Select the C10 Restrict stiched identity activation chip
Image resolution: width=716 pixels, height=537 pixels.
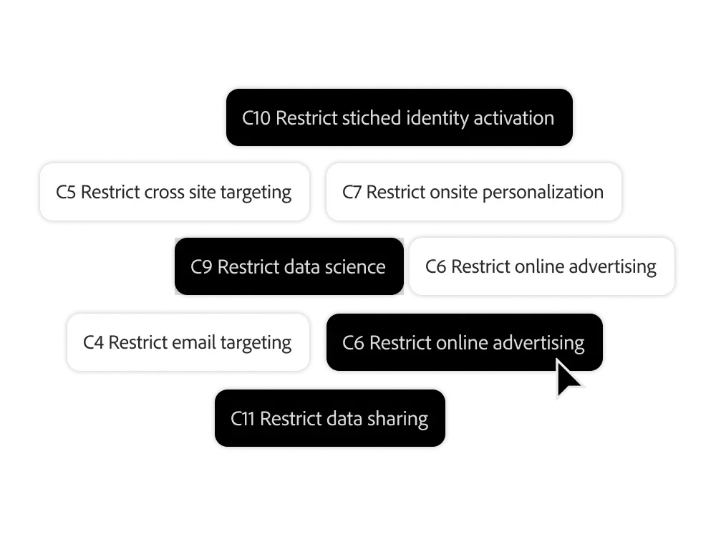(x=398, y=118)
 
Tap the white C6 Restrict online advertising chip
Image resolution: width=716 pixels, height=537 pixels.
(x=541, y=267)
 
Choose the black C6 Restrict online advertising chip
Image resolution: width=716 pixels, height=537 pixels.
(x=464, y=343)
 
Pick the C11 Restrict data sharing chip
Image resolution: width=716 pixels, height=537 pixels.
(x=329, y=419)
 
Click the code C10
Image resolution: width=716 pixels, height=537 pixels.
(x=256, y=118)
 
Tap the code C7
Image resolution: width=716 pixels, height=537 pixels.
(x=352, y=193)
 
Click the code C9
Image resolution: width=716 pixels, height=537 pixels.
(x=201, y=267)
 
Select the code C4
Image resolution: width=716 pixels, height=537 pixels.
(x=94, y=343)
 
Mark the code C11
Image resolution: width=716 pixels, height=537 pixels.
(x=243, y=419)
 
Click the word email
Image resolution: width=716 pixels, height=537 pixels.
(x=190, y=343)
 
